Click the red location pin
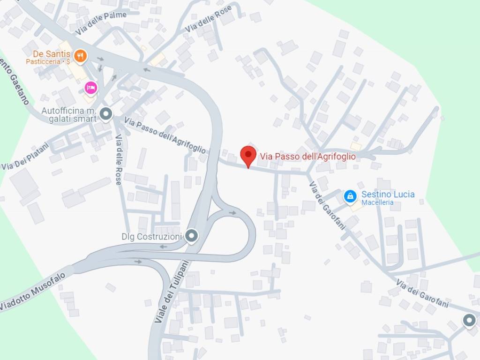(x=248, y=155)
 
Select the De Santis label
(x=52, y=54)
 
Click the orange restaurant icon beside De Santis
(x=81, y=56)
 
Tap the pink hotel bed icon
(x=90, y=87)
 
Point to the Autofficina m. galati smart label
(x=69, y=114)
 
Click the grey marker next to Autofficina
(x=106, y=113)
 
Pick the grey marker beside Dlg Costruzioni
(x=191, y=236)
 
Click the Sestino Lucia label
(x=388, y=194)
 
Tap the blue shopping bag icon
(x=350, y=196)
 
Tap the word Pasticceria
(x=43, y=61)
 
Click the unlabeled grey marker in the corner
(x=469, y=321)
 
